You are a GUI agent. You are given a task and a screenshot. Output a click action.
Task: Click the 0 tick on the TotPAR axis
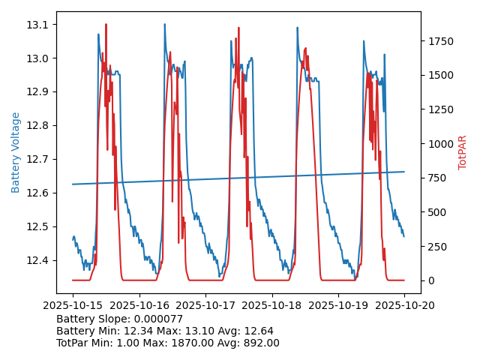point(430,280)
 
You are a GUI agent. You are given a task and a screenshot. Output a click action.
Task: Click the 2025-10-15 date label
point(73,305)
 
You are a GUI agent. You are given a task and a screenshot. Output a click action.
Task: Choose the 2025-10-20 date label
point(404,305)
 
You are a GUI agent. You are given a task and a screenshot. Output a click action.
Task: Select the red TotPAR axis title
point(463,152)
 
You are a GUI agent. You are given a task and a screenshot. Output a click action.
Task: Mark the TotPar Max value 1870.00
point(199,343)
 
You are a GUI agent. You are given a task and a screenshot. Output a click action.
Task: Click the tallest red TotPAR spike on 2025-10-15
point(106,25)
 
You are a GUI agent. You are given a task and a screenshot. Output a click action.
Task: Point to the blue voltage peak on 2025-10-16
point(165,24)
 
